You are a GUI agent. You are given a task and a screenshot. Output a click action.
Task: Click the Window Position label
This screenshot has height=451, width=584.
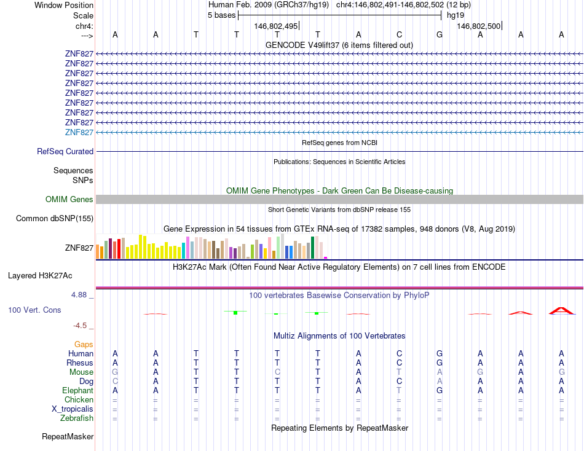pos(64,5)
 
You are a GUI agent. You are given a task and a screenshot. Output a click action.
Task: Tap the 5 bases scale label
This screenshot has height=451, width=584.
pos(221,15)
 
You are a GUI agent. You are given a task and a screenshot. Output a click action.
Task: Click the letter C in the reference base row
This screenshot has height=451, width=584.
pos(399,34)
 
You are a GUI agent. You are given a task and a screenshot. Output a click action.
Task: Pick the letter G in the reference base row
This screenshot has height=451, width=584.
pos(440,34)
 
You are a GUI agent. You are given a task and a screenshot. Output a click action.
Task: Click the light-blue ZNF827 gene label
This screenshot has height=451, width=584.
pos(79,132)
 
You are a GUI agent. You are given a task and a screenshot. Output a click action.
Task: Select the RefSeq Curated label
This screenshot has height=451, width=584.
pos(65,151)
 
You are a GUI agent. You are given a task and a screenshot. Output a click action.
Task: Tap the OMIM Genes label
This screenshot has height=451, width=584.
pos(69,199)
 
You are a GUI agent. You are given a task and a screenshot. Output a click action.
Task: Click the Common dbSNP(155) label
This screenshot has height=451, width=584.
pos(55,218)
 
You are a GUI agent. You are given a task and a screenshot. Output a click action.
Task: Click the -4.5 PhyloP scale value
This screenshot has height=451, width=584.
pos(82,326)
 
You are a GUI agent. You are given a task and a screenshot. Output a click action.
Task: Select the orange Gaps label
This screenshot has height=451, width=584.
pos(84,344)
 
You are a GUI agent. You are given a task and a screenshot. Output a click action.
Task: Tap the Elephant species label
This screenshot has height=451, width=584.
pos(77,390)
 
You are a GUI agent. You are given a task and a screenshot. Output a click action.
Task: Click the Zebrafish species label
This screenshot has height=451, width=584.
pos(77,418)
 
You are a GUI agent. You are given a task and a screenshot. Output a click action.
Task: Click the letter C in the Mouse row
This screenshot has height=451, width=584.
pos(277,372)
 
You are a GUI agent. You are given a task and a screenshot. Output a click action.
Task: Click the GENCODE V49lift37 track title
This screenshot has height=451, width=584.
pos(339,45)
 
